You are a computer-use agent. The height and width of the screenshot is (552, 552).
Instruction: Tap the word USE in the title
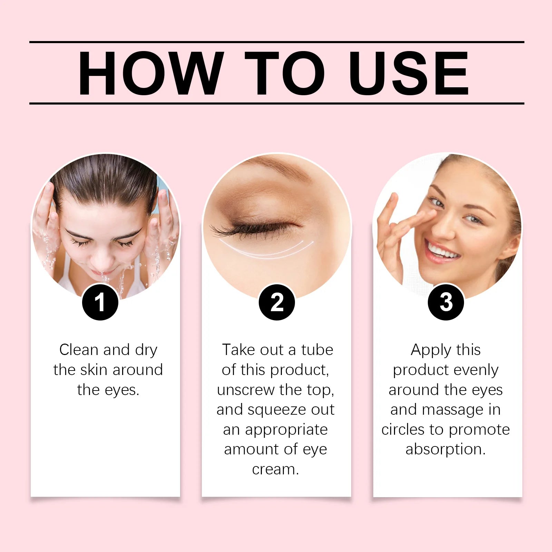(408, 73)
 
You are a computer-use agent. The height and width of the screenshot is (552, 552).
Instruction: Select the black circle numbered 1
(100, 302)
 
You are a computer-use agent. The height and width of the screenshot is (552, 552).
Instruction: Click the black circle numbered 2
(277, 302)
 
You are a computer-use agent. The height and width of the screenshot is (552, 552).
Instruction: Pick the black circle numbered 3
(446, 302)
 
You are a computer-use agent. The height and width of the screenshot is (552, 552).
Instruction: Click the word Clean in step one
(79, 350)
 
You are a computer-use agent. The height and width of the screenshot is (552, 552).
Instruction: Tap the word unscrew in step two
(246, 390)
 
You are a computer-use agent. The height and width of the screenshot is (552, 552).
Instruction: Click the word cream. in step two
(275, 470)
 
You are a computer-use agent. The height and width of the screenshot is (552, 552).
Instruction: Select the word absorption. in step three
(445, 450)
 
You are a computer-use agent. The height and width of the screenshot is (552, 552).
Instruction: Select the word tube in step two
(317, 350)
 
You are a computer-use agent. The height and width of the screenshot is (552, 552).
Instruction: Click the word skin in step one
(93, 370)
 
